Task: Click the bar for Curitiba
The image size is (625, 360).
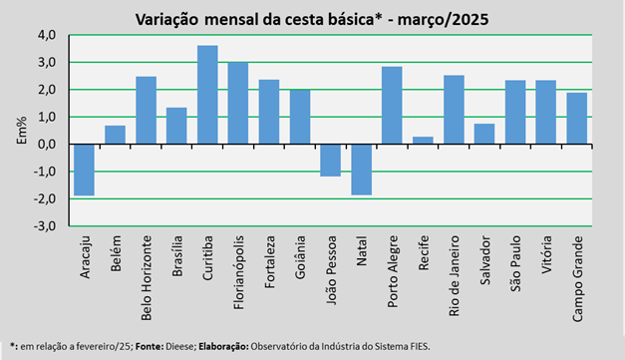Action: (x=207, y=95)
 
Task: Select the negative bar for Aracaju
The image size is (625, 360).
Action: (x=84, y=170)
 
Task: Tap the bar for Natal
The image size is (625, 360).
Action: (x=362, y=170)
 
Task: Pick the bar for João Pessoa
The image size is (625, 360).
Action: (x=331, y=161)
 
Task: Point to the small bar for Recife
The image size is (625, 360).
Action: (x=423, y=141)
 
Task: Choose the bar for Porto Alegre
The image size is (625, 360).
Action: (x=392, y=106)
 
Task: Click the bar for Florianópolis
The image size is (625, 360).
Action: (x=238, y=103)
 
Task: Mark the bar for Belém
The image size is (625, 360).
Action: (x=116, y=135)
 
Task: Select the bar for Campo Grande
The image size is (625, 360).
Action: (x=577, y=119)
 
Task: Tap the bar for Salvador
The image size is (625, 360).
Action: (x=484, y=134)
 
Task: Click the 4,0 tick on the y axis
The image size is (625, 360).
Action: (x=47, y=35)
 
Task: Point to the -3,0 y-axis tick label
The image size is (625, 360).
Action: (x=44, y=226)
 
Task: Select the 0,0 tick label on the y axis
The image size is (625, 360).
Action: (x=47, y=145)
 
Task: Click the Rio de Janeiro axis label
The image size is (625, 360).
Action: (x=454, y=276)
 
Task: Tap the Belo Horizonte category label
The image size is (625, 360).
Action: (x=147, y=278)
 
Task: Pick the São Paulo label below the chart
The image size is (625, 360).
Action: (x=515, y=263)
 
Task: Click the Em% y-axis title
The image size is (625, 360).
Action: (x=22, y=131)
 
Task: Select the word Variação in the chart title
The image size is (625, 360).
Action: (x=166, y=19)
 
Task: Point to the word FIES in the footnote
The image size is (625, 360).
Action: (x=420, y=346)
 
